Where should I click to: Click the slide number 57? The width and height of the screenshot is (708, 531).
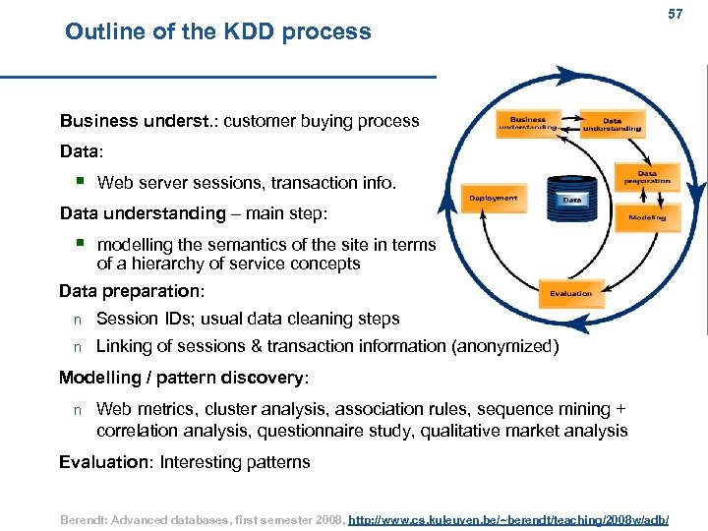click(x=675, y=15)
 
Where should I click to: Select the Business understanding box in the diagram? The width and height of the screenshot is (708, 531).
click(x=527, y=122)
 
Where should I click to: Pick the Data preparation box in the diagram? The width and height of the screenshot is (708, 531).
click(x=647, y=177)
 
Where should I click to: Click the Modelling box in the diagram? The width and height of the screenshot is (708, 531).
click(x=647, y=216)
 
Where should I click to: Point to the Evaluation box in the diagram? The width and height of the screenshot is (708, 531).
click(x=571, y=293)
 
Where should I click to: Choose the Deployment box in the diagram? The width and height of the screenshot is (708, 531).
click(x=493, y=198)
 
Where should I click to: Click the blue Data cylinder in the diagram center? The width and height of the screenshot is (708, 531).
click(x=570, y=199)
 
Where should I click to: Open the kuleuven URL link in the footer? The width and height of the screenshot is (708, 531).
click(x=509, y=517)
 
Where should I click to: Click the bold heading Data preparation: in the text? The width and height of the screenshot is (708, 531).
click(x=132, y=291)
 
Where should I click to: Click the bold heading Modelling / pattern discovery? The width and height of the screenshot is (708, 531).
click(x=184, y=379)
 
